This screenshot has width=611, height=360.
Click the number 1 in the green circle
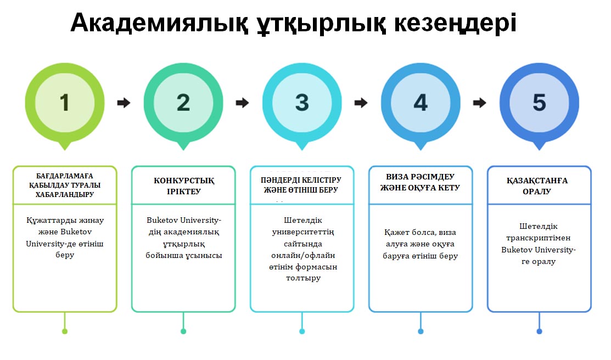(x=64, y=103)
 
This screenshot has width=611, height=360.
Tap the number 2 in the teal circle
(x=183, y=103)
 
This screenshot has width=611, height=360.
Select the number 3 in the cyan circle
(x=302, y=103)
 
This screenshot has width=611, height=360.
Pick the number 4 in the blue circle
(x=421, y=103)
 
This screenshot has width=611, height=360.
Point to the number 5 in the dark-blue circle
(x=539, y=103)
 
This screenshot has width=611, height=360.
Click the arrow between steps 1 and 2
(x=124, y=103)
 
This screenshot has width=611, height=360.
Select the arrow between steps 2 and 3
(x=243, y=103)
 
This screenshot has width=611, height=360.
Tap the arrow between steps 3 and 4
(x=361, y=103)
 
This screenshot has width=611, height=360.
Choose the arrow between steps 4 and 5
(x=480, y=103)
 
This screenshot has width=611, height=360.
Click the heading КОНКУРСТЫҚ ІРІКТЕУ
(x=183, y=186)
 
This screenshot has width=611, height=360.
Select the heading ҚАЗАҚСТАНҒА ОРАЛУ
(x=537, y=186)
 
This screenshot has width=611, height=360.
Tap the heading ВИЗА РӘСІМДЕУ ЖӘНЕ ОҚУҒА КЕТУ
(x=420, y=182)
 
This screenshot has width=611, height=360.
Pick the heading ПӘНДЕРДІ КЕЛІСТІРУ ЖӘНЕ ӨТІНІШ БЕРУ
(x=301, y=185)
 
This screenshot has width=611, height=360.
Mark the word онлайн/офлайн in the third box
(x=303, y=256)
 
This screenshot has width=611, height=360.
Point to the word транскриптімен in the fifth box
(x=538, y=238)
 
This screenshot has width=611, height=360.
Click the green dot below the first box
(x=65, y=331)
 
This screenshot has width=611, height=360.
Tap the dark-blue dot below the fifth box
(x=539, y=331)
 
